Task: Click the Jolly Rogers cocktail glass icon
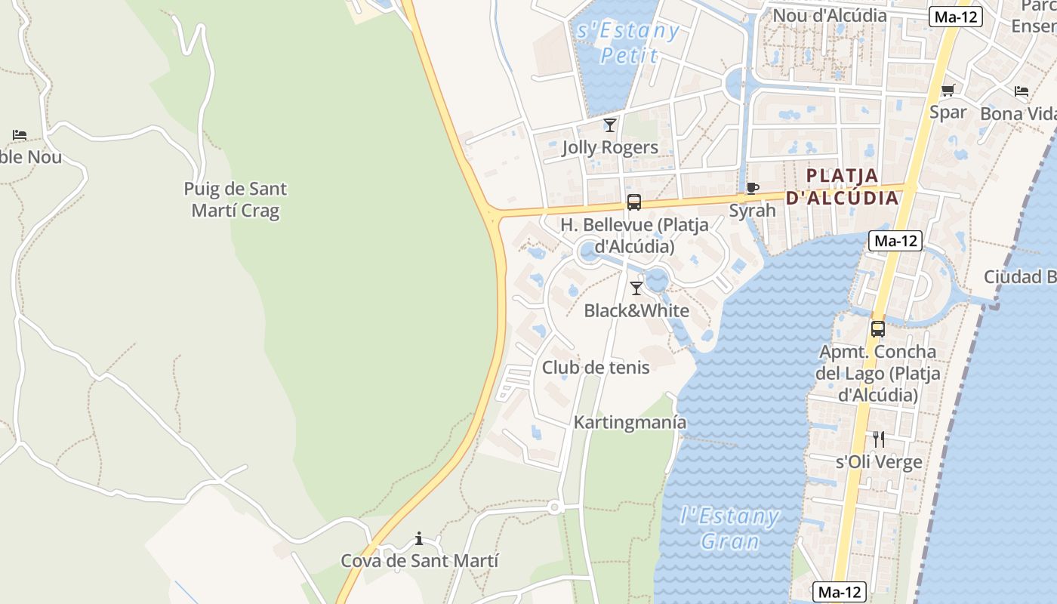(610, 125)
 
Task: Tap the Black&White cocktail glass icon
(636, 288)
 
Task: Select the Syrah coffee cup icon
(752, 188)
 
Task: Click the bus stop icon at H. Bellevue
(634, 202)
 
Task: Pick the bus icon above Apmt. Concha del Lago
(877, 329)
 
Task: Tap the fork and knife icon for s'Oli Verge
(878, 439)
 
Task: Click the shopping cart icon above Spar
(948, 91)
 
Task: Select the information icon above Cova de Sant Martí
(419, 538)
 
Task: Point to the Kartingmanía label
(630, 422)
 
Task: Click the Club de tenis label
(596, 368)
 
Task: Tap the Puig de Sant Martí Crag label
(236, 199)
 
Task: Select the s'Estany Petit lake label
(628, 42)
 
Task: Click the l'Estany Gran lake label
(729, 528)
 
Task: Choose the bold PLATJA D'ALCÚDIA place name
(843, 186)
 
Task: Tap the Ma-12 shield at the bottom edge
(840, 593)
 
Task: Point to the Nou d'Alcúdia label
(830, 15)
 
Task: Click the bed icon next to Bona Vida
(1022, 91)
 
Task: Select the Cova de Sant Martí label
(420, 561)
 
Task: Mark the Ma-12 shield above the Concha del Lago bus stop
(896, 241)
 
